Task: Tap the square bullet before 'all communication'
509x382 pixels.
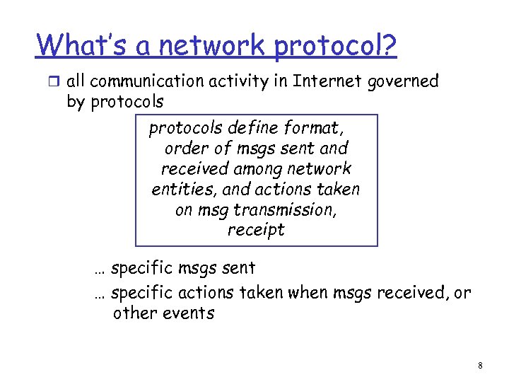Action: [x=55, y=82]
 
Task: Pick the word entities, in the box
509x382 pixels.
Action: [x=181, y=190]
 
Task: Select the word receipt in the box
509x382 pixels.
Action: [x=256, y=231]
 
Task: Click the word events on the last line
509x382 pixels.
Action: [x=188, y=313]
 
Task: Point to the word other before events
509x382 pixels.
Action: [x=135, y=313]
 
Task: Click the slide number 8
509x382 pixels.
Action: [x=480, y=366]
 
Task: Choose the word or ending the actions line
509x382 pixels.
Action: [x=462, y=292]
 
